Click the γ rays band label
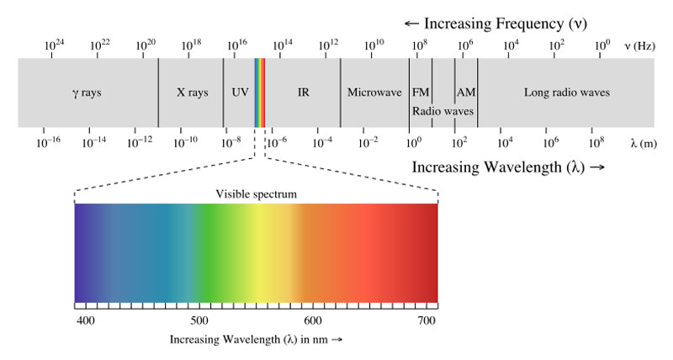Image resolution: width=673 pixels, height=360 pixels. (x=87, y=93)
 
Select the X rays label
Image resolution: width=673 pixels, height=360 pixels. (x=192, y=93)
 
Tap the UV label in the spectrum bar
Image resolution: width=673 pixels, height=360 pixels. (x=240, y=93)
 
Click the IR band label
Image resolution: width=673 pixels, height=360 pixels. (x=303, y=93)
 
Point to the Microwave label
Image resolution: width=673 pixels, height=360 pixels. (x=374, y=93)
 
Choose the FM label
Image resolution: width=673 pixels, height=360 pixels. (x=420, y=93)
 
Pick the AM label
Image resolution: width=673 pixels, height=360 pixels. (x=466, y=93)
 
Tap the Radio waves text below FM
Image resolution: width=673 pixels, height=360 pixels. (x=442, y=110)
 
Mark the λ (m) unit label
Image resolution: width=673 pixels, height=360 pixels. (x=643, y=143)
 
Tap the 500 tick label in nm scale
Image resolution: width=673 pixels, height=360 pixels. (x=199, y=320)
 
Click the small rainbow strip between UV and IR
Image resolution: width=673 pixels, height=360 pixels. (x=260, y=93)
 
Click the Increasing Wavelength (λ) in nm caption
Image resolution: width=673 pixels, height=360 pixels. (x=257, y=340)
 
